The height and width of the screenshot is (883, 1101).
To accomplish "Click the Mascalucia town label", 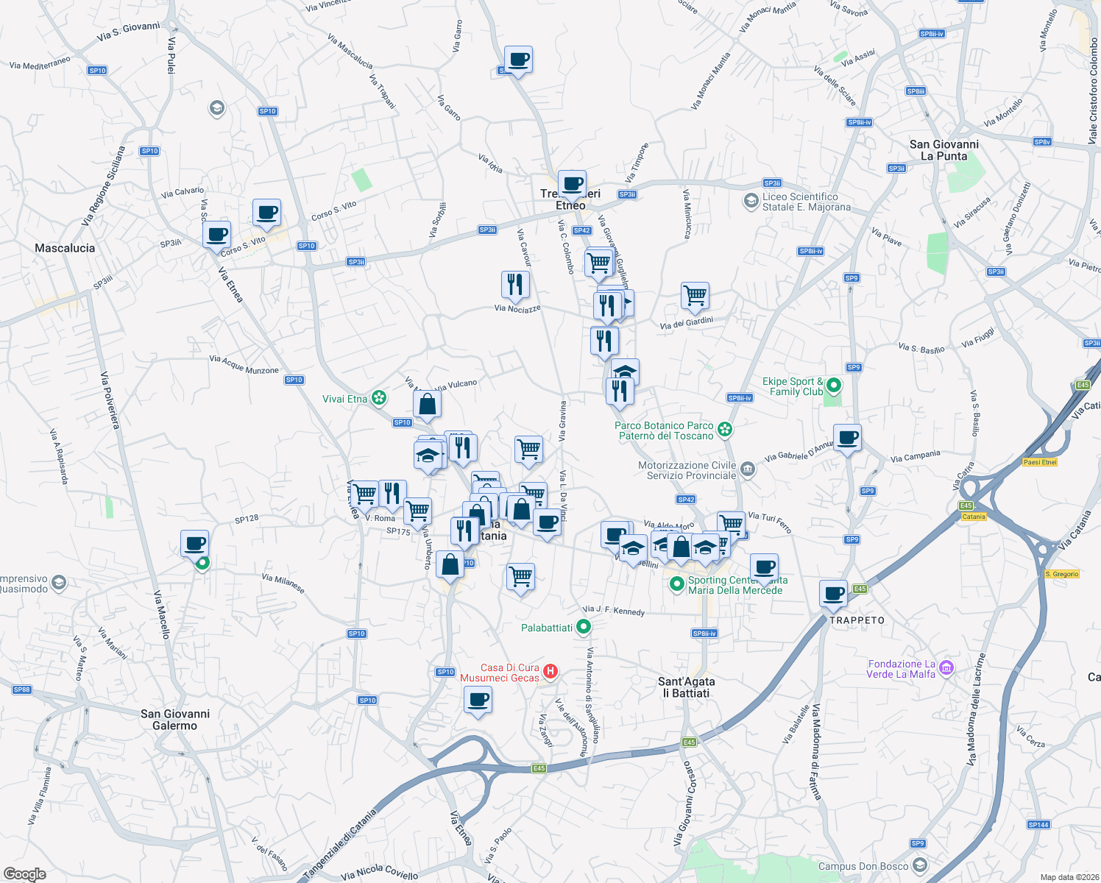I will [65, 248].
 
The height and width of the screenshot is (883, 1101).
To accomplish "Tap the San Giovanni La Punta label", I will [944, 150].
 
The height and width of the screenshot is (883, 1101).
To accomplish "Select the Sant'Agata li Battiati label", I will [686, 687].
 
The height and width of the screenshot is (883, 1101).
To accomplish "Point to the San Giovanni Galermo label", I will [175, 720].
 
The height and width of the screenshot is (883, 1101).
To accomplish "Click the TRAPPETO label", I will [857, 620].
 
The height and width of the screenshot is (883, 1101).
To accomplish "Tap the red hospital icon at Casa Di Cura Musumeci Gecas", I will [550, 671].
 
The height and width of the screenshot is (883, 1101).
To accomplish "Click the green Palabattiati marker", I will [584, 627].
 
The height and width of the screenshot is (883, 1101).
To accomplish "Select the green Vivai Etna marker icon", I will [379, 398].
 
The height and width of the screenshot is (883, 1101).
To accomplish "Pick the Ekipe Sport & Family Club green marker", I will [833, 385].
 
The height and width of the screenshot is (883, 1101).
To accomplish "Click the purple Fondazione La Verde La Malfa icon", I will [946, 668].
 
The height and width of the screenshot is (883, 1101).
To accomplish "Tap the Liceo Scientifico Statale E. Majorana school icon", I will [751, 201].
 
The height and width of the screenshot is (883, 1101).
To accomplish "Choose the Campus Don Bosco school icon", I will [918, 865].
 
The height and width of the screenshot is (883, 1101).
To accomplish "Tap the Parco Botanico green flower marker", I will [725, 429].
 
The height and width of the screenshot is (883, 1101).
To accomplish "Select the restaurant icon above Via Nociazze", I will [515, 285].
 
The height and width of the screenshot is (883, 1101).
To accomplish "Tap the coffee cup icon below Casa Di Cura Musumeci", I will [478, 699].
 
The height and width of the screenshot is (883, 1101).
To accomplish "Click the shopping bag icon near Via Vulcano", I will [427, 404].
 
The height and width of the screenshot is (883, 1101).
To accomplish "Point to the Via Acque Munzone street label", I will [244, 364].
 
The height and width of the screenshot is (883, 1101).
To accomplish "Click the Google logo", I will [24, 874].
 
